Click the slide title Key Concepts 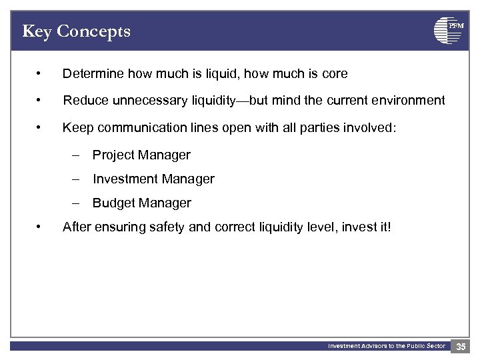pyautogui.click(x=76, y=31)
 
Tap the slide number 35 pyautogui.click(x=461, y=346)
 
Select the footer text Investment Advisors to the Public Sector pyautogui.click(x=386, y=346)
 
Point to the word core pyautogui.click(x=335, y=73)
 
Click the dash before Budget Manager pyautogui.click(x=77, y=203)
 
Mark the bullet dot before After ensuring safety pyautogui.click(x=41, y=227)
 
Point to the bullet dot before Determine pyautogui.click(x=41, y=73)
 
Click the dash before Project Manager pyautogui.click(x=77, y=155)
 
